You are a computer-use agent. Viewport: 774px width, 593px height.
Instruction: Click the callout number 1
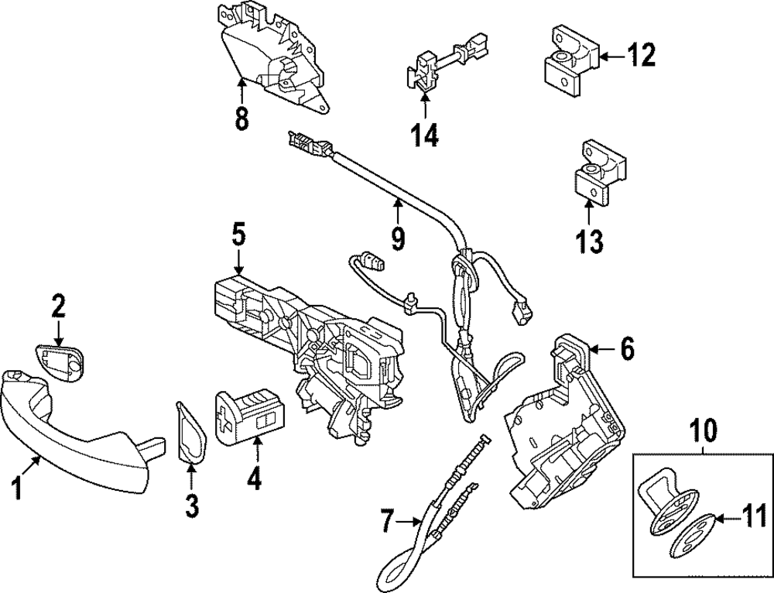click(x=15, y=490)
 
